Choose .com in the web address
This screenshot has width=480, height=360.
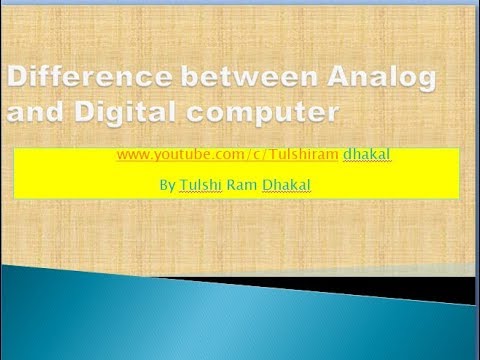click(x=212, y=156)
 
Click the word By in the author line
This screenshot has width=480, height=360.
click(x=166, y=186)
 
